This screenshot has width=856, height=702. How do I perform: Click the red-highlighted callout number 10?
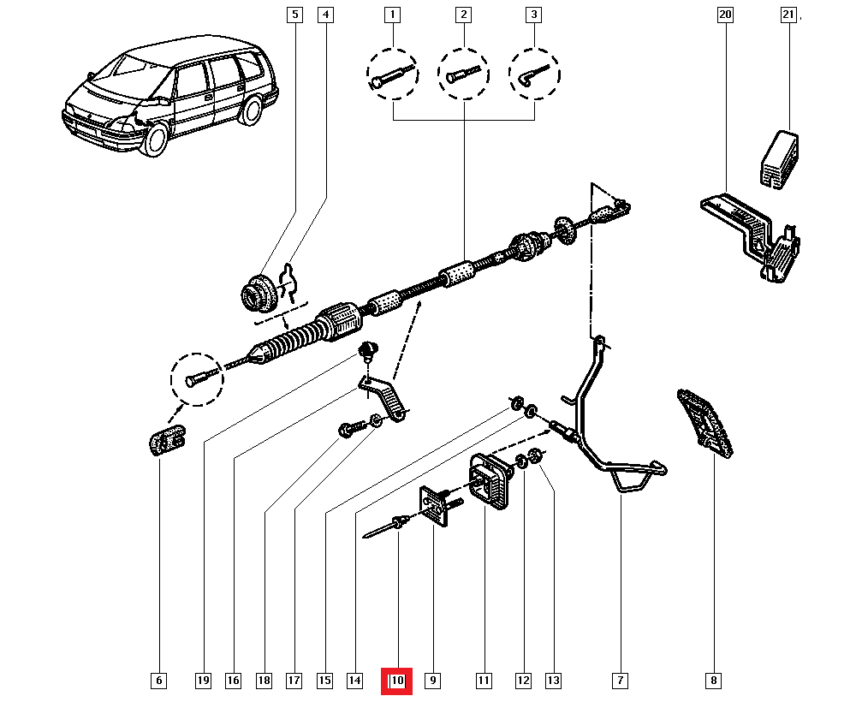[x=397, y=681]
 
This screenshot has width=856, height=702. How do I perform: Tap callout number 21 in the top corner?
[x=788, y=15]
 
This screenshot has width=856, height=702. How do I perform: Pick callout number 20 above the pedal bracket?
[x=725, y=15]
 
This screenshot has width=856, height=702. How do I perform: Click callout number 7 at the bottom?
[x=619, y=681]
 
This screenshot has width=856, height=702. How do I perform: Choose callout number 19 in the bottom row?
[x=203, y=681]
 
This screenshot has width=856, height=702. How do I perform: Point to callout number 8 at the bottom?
[x=712, y=681]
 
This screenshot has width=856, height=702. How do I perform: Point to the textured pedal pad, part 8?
[x=706, y=421]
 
